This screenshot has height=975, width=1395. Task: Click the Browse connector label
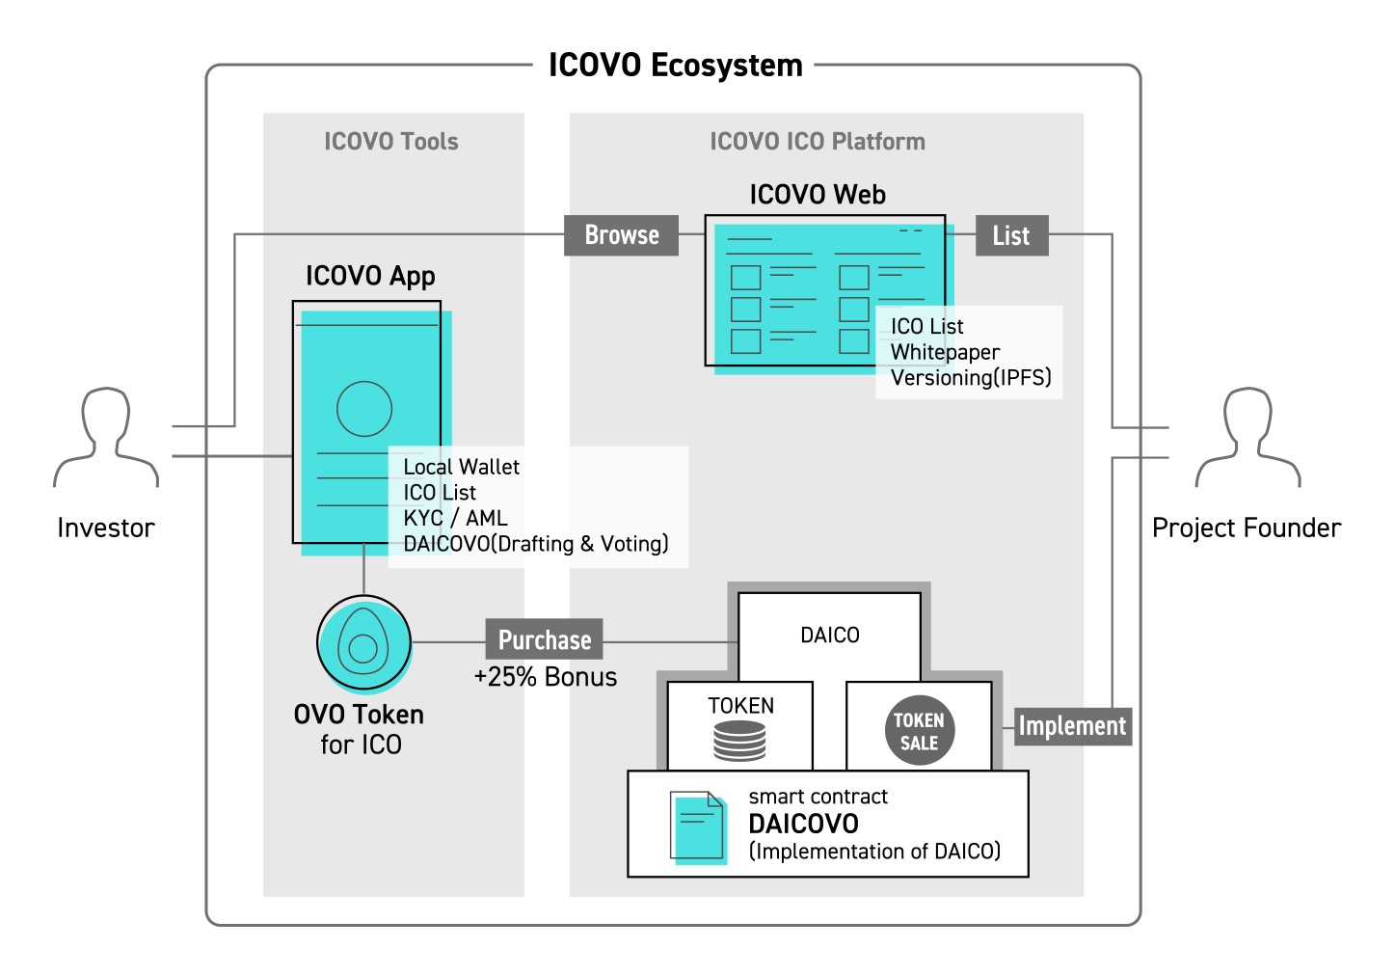622,235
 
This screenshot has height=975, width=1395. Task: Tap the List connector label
1011,235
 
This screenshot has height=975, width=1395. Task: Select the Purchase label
545,640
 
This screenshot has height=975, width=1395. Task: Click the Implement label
1072,726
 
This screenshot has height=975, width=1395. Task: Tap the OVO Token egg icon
364,643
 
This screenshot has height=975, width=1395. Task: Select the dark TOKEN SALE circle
919,731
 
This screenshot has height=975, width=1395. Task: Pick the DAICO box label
830,636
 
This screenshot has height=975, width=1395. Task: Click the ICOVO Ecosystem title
675,66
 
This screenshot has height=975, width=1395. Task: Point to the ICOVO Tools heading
391,142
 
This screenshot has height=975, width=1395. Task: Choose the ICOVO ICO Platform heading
818,142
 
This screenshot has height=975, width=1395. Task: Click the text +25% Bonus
546,677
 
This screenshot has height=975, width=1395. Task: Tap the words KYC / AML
455,518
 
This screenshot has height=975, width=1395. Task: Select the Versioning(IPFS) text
971,378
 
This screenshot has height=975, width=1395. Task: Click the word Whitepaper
945,352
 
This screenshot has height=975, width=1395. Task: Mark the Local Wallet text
461,467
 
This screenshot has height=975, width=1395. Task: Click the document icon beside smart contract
699,826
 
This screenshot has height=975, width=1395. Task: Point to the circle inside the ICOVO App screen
364,409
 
